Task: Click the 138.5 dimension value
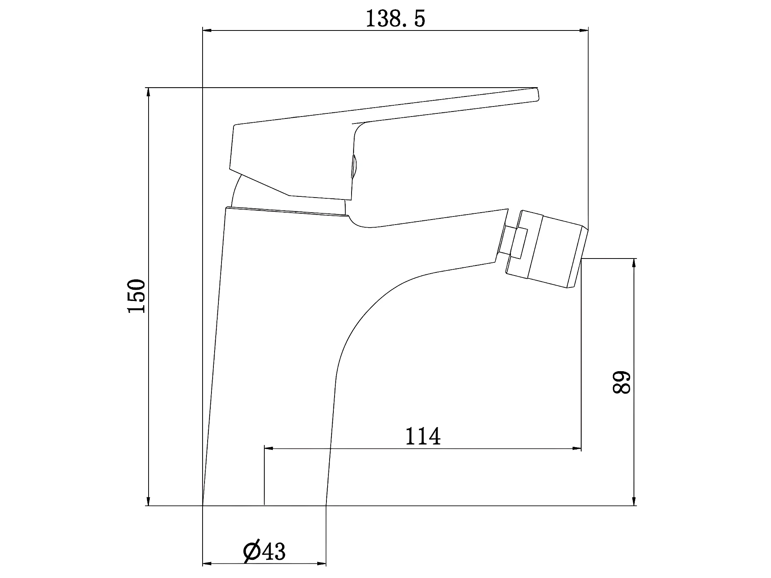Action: tap(395, 18)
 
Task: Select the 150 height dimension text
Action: tap(136, 296)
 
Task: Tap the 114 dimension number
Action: tap(423, 436)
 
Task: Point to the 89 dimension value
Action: tap(621, 382)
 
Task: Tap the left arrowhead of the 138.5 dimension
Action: tap(207, 30)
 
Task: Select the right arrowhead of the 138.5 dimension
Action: tap(583, 30)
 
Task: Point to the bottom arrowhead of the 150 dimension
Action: tap(148, 501)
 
